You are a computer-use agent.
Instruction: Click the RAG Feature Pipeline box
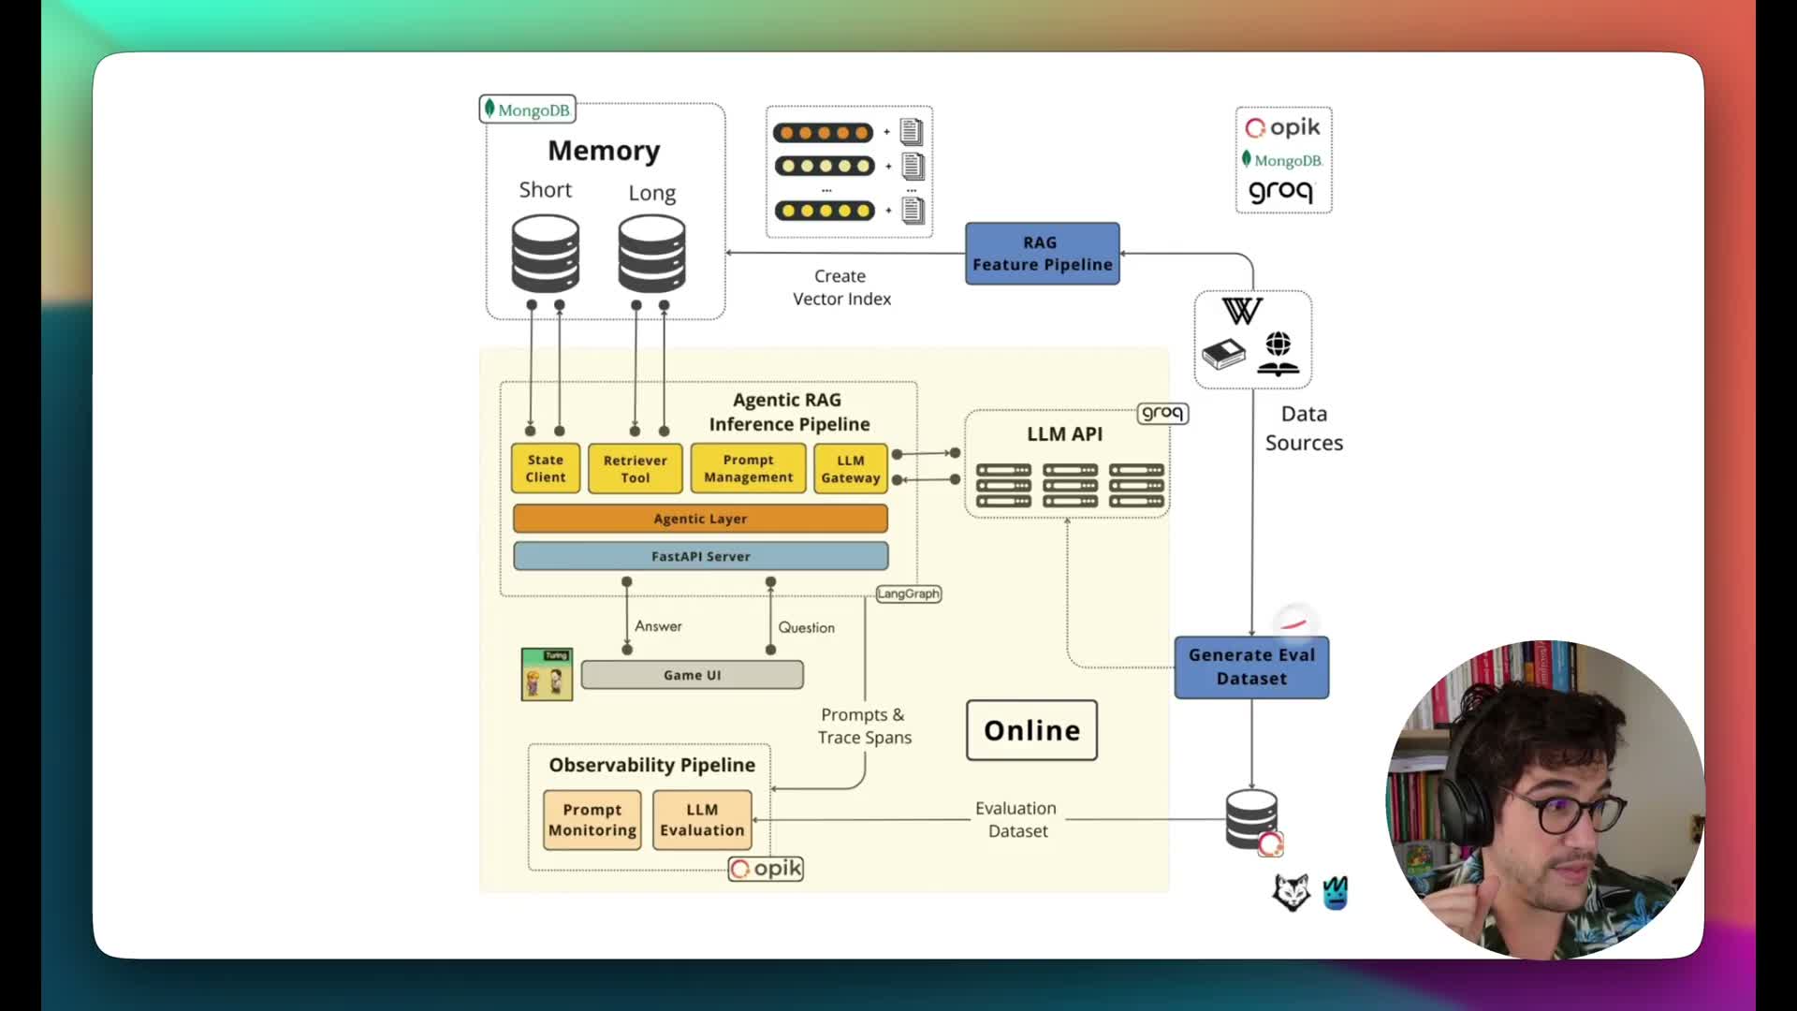pyautogui.click(x=1042, y=254)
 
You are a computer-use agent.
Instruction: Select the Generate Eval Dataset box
pyautogui.click(x=1251, y=667)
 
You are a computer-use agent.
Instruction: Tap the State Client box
pyautogui.click(x=546, y=468)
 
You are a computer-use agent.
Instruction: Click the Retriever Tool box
pyautogui.click(x=635, y=469)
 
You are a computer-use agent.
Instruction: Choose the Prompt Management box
pyautogui.click(x=748, y=468)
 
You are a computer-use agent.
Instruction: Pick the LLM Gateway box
pyautogui.click(x=850, y=469)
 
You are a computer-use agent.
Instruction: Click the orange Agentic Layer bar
pyautogui.click(x=700, y=519)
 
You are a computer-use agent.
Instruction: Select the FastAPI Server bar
pyautogui.click(x=700, y=556)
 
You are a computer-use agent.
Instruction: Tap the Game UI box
pyautogui.click(x=692, y=675)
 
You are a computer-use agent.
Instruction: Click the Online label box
pyautogui.click(x=1031, y=730)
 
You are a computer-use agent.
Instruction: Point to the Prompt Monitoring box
pyautogui.click(x=592, y=820)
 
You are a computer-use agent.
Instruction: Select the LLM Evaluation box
pyautogui.click(x=702, y=820)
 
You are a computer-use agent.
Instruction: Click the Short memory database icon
pyautogui.click(x=545, y=254)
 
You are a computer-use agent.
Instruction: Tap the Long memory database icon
pyautogui.click(x=651, y=254)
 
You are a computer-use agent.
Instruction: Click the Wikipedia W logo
pyautogui.click(x=1242, y=311)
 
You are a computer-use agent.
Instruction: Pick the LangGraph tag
pyautogui.click(x=908, y=593)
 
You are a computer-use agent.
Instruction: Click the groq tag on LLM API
pyautogui.click(x=1162, y=413)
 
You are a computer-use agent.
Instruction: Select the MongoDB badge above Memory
pyautogui.click(x=527, y=110)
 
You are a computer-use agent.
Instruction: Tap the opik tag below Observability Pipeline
pyautogui.click(x=766, y=869)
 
